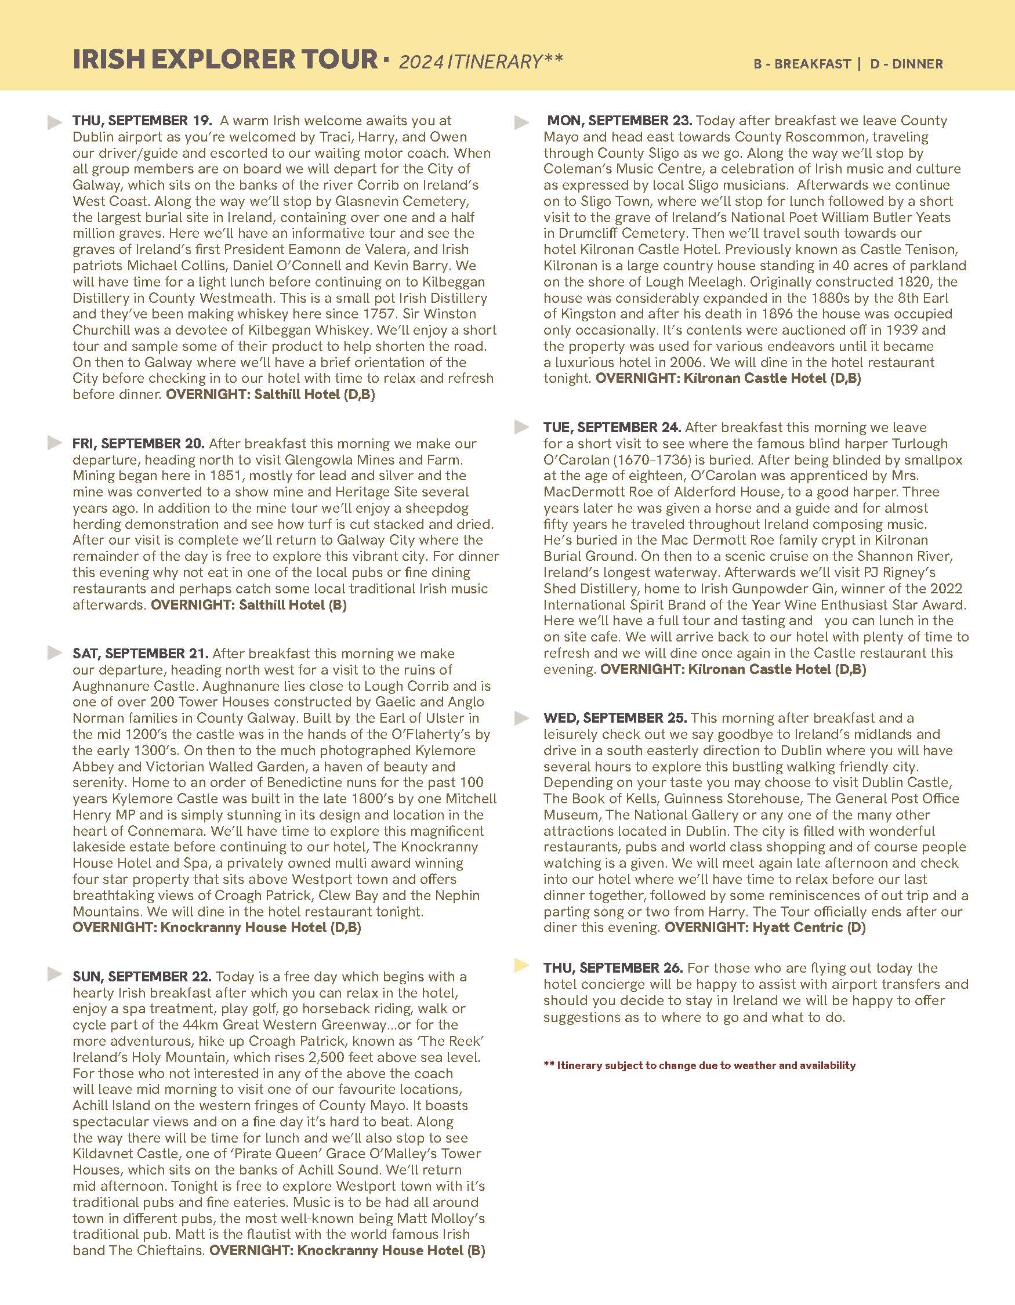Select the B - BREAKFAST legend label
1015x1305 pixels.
tap(802, 64)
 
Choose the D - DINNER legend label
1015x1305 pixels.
tap(907, 64)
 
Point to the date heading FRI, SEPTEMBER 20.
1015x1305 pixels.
tap(139, 444)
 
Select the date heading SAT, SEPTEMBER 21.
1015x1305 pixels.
tap(140, 654)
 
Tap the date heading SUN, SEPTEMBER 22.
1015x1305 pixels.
tap(142, 977)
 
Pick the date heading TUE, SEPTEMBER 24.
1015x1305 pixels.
tap(612, 428)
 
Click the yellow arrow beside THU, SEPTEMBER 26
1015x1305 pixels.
tap(521, 965)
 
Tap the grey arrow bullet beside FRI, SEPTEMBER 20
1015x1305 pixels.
tap(55, 443)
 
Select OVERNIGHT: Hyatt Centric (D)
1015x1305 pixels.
tap(764, 928)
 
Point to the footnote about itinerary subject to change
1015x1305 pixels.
tap(699, 1065)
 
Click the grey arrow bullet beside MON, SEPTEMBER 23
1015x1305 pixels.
tap(521, 122)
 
